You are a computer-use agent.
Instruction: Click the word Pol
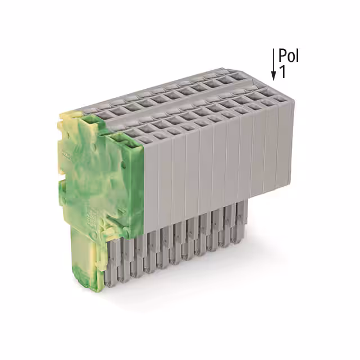click(x=289, y=56)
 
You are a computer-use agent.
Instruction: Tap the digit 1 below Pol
click(x=283, y=73)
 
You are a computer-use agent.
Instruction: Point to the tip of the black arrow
click(x=274, y=79)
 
